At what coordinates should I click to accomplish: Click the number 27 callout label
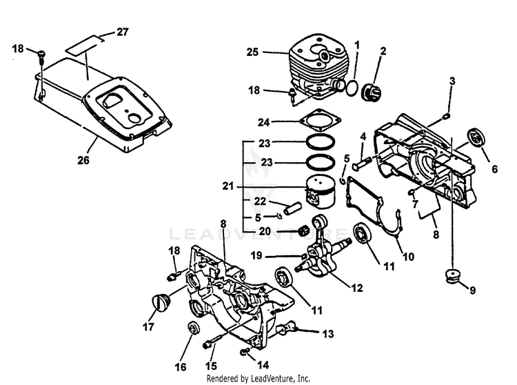point(122,31)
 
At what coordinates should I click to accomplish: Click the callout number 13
point(328,334)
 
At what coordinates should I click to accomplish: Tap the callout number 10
point(408,257)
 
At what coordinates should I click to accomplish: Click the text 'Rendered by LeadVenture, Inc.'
point(258,379)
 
